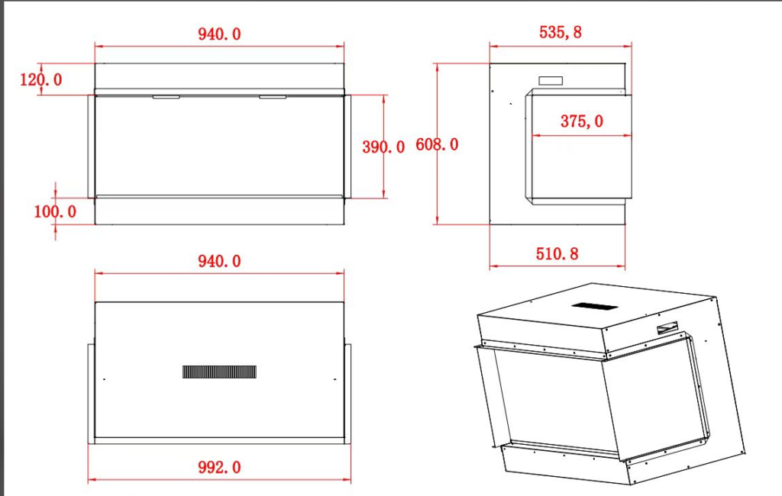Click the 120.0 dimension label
(41, 79)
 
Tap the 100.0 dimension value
(55, 211)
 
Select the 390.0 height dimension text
(383, 147)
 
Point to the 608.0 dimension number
(437, 144)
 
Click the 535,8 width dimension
(561, 32)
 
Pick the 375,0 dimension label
(581, 121)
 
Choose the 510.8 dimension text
(557, 254)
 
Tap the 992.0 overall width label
(219, 467)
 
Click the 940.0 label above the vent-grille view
(219, 261)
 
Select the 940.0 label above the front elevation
(219, 34)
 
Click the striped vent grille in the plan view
(219, 372)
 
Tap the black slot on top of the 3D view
(595, 306)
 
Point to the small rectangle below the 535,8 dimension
(551, 81)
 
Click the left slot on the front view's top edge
(166, 97)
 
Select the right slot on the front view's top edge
(273, 97)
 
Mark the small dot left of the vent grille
(104, 379)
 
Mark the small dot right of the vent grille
(335, 379)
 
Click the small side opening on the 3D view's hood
(667, 329)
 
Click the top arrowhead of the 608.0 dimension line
(438, 68)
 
